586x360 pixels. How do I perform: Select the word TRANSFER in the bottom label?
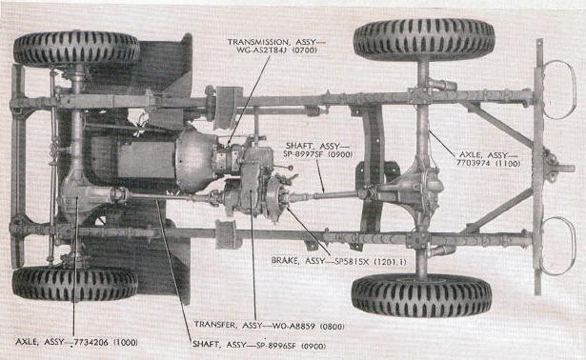215,325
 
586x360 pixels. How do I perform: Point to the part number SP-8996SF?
276,346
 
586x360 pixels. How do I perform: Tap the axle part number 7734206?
91,342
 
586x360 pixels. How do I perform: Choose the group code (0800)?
333,326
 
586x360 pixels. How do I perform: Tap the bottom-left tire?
74,284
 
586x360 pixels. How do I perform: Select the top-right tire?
424,39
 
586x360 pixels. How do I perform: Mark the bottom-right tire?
421,294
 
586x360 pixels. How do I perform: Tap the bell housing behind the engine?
195,161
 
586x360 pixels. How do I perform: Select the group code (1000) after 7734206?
125,342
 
